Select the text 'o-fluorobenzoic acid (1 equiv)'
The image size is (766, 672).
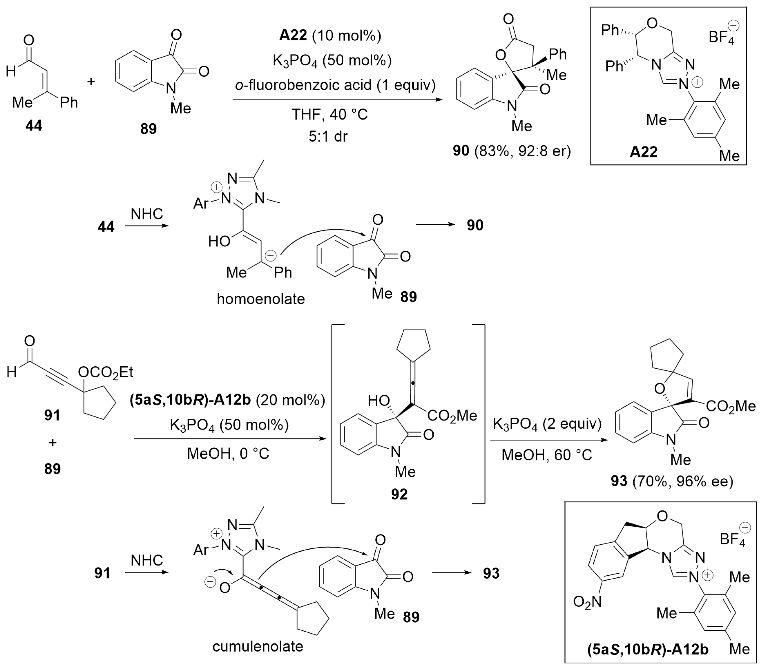(x=335, y=85)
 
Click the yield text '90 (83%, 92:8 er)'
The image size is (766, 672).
(x=512, y=151)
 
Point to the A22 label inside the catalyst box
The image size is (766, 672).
(x=643, y=152)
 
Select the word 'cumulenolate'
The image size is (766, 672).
(x=258, y=646)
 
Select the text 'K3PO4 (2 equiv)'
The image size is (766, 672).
(x=547, y=424)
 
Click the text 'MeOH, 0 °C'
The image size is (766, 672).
(x=228, y=454)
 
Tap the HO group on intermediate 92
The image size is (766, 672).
(x=379, y=401)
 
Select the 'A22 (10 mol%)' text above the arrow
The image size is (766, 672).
(x=330, y=35)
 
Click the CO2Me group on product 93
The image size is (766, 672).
(x=731, y=406)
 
